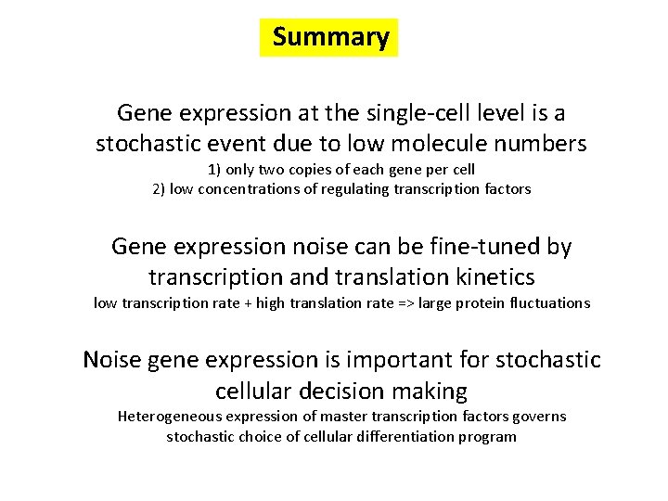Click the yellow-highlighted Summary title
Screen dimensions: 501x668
click(329, 38)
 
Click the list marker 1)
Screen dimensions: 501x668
click(216, 170)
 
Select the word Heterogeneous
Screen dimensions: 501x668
click(169, 417)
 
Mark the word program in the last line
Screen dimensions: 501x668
click(488, 436)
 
